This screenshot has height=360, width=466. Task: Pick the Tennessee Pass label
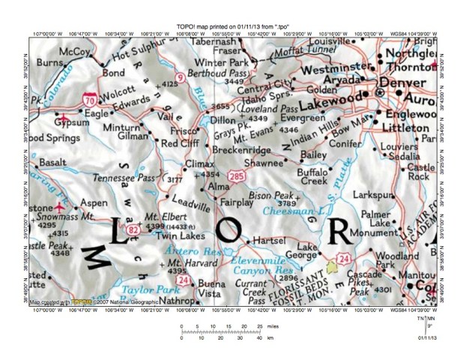(x=132, y=177)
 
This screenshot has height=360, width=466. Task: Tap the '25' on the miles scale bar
(x=260, y=327)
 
